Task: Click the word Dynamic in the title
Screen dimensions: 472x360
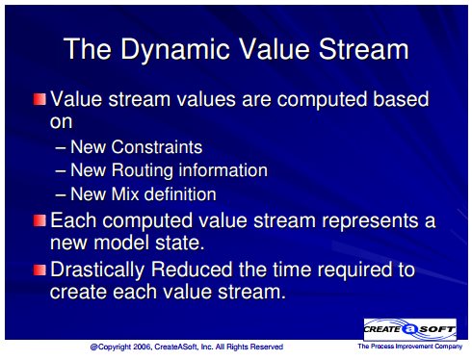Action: click(175, 51)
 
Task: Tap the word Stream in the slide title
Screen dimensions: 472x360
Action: click(363, 49)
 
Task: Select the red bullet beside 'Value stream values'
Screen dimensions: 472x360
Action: click(39, 99)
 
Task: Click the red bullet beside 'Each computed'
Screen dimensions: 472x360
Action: click(39, 220)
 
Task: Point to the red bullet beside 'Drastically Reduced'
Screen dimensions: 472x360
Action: click(39, 270)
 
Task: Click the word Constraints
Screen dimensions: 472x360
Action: click(157, 147)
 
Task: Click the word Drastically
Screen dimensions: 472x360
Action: click(97, 270)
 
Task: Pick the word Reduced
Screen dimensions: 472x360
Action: click(192, 270)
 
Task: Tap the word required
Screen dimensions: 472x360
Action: click(354, 270)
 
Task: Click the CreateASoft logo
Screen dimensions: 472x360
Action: click(410, 329)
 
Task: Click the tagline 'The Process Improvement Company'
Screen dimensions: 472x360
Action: click(410, 347)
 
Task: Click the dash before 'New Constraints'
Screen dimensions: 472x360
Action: click(61, 148)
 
